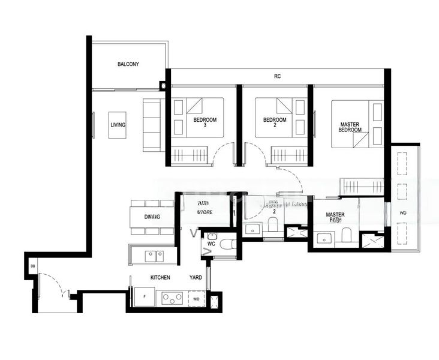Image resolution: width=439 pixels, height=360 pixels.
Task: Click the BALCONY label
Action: (128, 64)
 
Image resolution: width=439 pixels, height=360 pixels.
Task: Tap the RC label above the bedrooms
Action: (277, 76)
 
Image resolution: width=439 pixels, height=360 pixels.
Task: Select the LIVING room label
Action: (118, 125)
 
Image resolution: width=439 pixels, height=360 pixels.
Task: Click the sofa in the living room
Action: (151, 124)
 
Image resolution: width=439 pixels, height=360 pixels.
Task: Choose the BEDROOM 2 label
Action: (275, 122)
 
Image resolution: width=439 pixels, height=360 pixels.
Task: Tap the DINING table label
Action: (152, 217)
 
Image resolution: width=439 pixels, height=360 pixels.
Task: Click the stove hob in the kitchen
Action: (173, 298)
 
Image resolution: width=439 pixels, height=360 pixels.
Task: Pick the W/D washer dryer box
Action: (196, 298)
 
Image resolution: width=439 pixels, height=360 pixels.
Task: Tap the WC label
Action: (211, 245)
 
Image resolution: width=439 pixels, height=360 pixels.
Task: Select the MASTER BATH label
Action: (335, 217)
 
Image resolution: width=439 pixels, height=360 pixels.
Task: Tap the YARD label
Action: (196, 278)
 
